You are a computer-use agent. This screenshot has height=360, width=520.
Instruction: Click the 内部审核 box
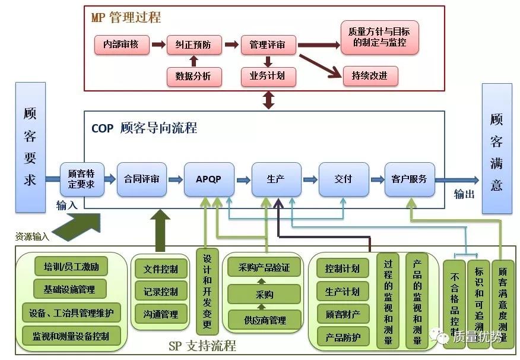point(121,45)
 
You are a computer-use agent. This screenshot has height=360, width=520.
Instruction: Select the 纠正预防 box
point(194,45)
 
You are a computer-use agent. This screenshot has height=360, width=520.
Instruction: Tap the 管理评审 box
point(267,45)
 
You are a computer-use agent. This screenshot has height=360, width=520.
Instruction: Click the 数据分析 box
point(194,75)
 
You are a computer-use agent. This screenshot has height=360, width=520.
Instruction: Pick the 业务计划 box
point(267,75)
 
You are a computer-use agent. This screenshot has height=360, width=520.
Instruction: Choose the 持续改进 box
point(370,75)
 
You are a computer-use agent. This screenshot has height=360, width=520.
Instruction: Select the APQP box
point(208,179)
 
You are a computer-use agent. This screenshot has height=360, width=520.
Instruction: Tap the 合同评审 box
point(141,179)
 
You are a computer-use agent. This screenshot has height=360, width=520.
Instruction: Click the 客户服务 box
point(409,179)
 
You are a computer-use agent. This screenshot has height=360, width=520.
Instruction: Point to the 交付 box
point(343,179)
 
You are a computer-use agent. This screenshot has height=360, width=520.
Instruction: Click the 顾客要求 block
point(30,148)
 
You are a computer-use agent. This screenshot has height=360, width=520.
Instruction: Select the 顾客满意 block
point(496,148)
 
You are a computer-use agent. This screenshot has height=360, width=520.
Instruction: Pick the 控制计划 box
point(342,269)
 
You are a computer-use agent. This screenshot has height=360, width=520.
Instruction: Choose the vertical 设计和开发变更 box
point(207,291)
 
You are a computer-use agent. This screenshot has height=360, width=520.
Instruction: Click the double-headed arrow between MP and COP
point(269,99)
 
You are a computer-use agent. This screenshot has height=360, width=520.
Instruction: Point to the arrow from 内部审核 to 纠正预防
point(158,45)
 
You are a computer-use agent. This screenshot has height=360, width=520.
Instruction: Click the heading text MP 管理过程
point(126,17)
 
